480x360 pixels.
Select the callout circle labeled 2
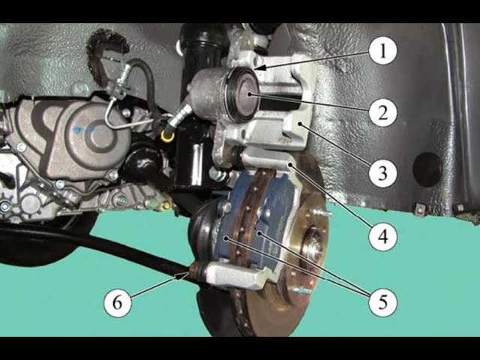click(x=383, y=112)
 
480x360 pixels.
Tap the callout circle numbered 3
click(x=383, y=173)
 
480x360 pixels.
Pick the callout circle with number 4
click(x=383, y=236)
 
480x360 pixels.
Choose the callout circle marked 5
click(x=383, y=302)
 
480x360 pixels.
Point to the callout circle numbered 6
click(x=118, y=302)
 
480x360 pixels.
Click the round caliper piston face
click(x=246, y=95)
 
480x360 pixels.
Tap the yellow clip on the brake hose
click(x=167, y=136)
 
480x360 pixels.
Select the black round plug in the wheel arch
click(x=427, y=169)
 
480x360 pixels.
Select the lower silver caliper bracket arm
click(x=235, y=274)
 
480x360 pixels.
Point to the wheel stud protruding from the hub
click(x=325, y=213)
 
